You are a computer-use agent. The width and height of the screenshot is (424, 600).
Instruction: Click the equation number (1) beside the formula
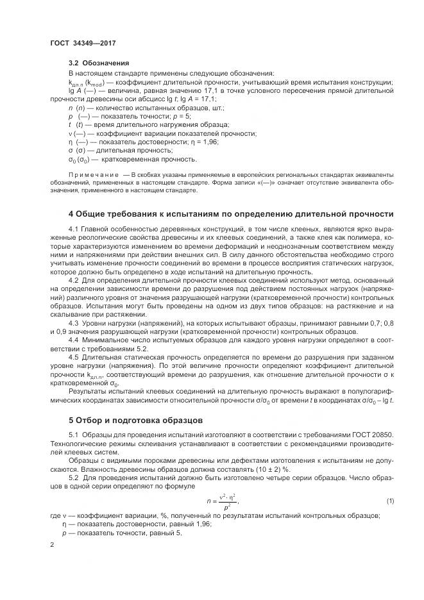(x=389, y=501)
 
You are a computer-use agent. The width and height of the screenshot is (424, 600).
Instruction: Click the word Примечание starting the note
(x=89, y=175)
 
